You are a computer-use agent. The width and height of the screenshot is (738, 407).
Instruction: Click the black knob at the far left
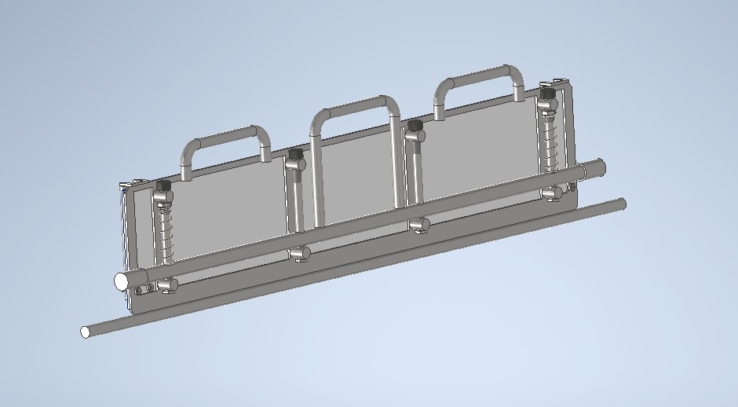pos(164,186)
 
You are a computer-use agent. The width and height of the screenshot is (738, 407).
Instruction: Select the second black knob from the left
pos(296,154)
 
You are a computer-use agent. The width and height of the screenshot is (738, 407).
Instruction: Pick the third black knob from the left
pos(415,125)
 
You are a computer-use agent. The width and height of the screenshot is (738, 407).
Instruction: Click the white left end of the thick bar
pos(122,280)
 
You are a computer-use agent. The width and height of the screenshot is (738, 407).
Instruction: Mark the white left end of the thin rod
pos(85,332)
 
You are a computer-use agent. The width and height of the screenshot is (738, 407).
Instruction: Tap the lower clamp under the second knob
pos(298,254)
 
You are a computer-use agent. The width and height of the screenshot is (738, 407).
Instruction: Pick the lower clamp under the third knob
pos(419,225)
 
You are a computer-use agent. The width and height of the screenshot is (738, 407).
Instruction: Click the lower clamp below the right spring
pos(554,192)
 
